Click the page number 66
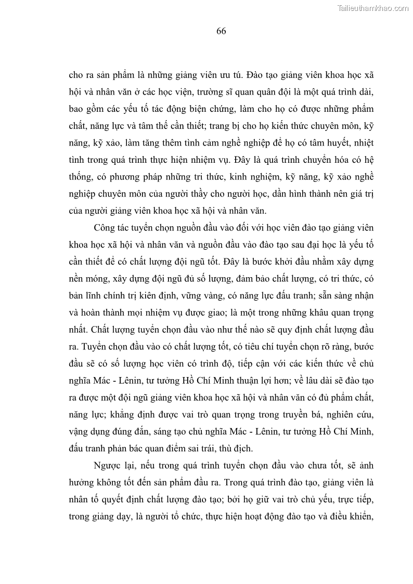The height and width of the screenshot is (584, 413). (221, 31)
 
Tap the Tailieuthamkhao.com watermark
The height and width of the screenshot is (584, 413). (373, 8)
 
